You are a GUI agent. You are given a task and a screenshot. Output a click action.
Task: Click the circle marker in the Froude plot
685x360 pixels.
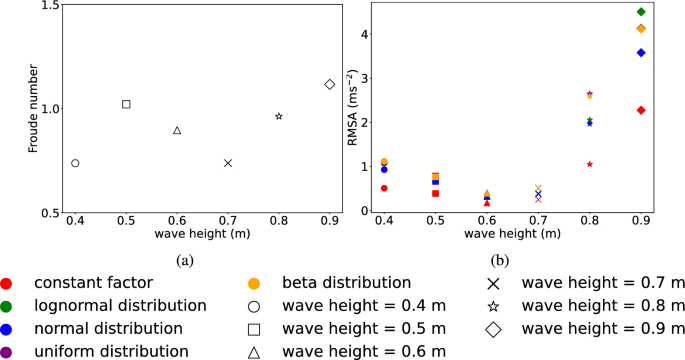coord(75,163)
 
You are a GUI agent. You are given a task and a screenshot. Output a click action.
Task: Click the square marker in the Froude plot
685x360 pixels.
coord(126,104)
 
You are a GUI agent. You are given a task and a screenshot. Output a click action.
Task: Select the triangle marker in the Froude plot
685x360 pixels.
coord(177,130)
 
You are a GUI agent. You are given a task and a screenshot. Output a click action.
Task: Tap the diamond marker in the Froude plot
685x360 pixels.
coord(330,84)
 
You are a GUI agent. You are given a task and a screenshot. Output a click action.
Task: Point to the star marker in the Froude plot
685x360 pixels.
coord(279,116)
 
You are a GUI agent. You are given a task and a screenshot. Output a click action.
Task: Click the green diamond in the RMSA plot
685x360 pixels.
coord(641,12)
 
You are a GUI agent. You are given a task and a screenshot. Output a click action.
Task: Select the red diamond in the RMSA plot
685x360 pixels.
coord(641,110)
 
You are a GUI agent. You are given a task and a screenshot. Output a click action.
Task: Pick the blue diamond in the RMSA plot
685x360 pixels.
coord(641,52)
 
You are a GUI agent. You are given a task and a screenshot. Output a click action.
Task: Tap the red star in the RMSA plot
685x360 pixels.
coord(590,164)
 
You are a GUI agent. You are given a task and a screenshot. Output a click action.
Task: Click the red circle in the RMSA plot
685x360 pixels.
coord(384,188)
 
